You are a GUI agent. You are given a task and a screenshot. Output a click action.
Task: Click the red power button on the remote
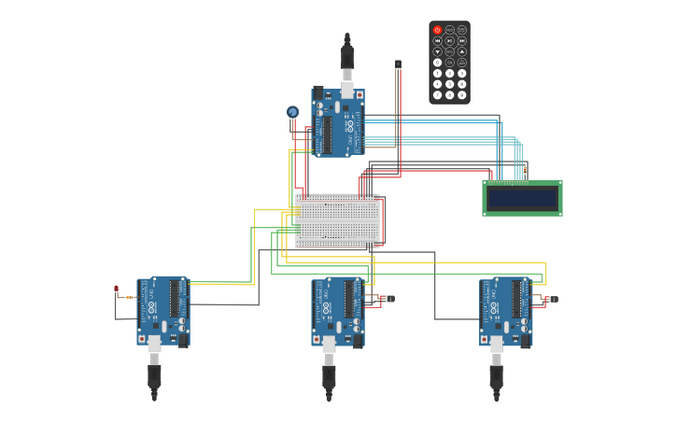pos(437,30)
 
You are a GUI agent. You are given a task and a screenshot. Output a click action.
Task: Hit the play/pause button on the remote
pos(449,40)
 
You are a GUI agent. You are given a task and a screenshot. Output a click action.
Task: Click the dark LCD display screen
pos(522,198)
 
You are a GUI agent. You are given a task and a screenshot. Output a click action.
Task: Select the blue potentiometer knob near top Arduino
pos(292,112)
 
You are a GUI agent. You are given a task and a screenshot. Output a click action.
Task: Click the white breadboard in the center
pos(337,220)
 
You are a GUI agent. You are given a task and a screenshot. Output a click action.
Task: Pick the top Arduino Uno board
pos(338,122)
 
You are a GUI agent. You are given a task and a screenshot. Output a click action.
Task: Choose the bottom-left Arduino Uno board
pos(163,311)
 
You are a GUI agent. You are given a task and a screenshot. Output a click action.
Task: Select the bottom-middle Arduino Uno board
pos(338,311)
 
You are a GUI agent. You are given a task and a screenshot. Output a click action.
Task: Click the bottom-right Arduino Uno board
pos(506,311)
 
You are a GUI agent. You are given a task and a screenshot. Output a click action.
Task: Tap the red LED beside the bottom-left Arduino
pos(116,289)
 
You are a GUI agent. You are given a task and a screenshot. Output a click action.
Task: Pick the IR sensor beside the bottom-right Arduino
pos(552,299)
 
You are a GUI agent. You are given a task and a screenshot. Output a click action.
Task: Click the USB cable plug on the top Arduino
pos(346,59)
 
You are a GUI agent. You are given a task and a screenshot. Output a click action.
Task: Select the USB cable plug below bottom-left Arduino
pos(154,375)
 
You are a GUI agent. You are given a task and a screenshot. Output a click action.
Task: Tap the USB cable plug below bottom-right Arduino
pos(496,375)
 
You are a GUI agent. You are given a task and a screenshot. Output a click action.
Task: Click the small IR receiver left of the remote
pos(398,64)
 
